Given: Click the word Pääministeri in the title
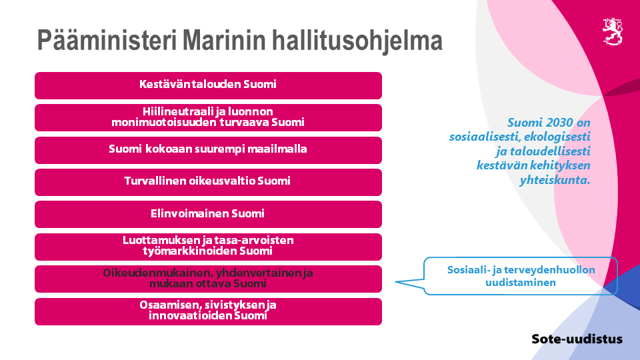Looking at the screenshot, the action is (107, 40).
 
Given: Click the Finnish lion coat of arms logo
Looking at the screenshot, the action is (613, 31).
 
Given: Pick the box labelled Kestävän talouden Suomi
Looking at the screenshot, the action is (208, 86).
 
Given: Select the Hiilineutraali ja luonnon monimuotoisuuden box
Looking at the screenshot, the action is (208, 118).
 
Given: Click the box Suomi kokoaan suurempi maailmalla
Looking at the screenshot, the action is (208, 150).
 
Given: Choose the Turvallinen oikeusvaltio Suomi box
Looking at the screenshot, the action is (208, 182).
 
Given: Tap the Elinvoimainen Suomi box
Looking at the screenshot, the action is (208, 214).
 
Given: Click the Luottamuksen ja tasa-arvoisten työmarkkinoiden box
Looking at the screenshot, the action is (208, 247).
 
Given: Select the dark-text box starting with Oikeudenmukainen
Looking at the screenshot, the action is (208, 279).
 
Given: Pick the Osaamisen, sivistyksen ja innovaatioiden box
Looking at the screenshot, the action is (208, 312).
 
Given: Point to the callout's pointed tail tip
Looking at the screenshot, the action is (395, 281).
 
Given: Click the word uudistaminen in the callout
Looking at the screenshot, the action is (521, 283).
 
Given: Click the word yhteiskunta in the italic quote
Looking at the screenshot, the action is (554, 180).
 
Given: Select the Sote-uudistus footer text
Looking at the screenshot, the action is (577, 339).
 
